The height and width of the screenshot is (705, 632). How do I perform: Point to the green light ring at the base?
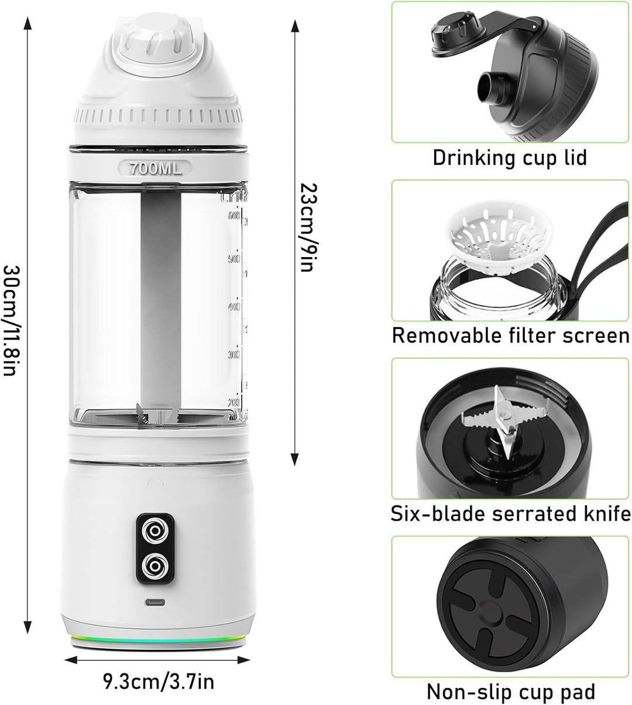tap(156, 639)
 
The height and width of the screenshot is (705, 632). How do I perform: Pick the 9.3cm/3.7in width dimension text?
tap(158, 682)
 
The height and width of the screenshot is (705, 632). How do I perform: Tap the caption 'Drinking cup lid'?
tap(509, 158)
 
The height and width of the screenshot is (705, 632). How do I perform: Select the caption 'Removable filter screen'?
tap(510, 336)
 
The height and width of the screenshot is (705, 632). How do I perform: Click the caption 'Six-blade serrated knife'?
tap(510, 514)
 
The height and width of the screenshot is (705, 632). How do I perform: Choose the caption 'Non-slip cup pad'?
tap(510, 692)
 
